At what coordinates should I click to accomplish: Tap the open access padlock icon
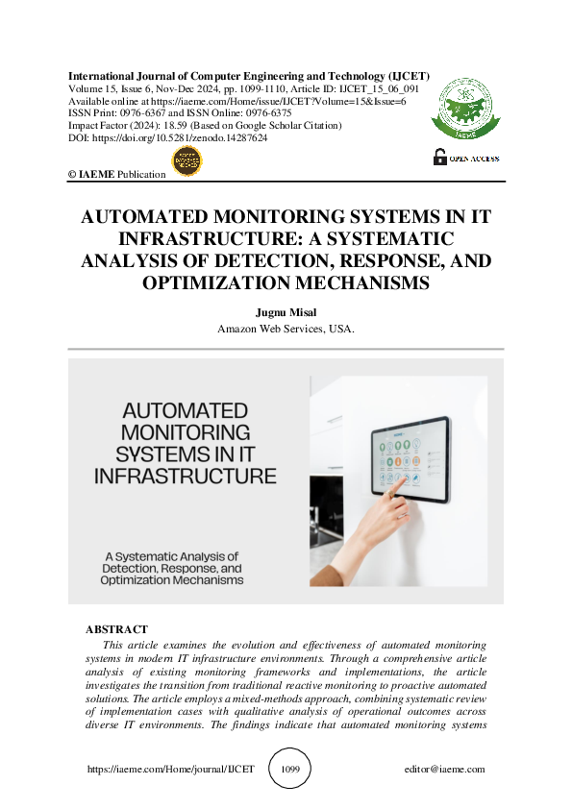coord(439,157)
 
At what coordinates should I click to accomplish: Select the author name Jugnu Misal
coord(286,312)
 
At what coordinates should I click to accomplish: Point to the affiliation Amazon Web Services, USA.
coord(286,329)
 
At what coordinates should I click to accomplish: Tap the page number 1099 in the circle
coord(291,770)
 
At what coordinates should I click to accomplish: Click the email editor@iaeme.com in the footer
coord(445,770)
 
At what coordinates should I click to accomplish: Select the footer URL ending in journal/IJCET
coord(170,770)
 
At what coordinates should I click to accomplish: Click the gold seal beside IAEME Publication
coord(186,162)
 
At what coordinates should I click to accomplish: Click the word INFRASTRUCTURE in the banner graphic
coord(186,476)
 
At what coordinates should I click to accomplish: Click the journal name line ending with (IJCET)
coord(248,76)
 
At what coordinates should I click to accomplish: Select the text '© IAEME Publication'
coord(116,174)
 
